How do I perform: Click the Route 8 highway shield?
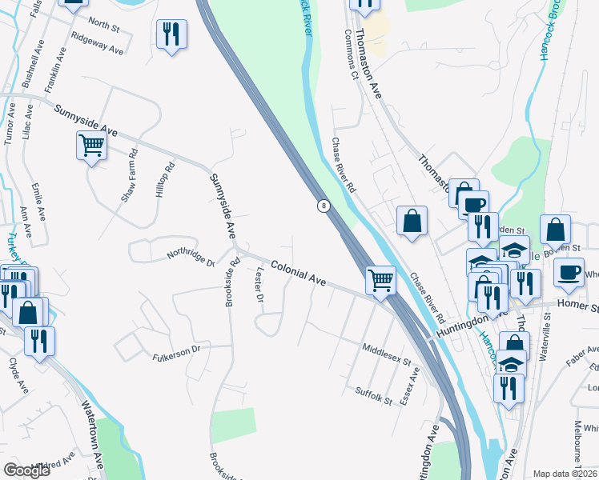click(x=324, y=206)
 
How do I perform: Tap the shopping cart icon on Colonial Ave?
click(x=380, y=280)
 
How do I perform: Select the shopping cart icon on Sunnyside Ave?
click(x=91, y=146)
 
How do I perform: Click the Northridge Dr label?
click(x=191, y=258)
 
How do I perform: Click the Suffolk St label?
click(x=374, y=394)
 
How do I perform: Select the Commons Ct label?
click(x=349, y=55)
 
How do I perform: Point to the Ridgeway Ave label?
click(x=97, y=43)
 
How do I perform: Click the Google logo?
click(x=27, y=470)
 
